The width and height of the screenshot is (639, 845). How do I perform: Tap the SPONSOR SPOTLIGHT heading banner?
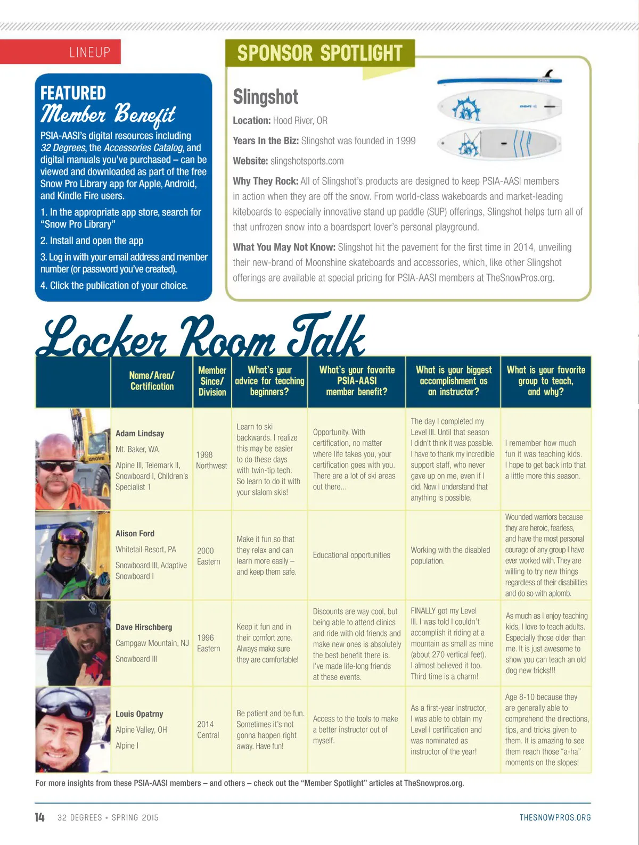[319, 53]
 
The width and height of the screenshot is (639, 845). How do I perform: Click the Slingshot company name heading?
[266, 97]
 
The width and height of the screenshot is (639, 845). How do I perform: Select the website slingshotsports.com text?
[307, 161]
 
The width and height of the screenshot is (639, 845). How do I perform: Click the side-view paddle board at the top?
[499, 80]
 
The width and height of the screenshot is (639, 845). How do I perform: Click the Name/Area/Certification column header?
[152, 381]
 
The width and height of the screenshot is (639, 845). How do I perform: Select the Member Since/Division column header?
[212, 381]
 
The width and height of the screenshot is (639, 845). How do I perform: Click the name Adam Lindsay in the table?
[140, 434]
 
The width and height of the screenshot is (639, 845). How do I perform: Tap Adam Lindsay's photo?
[73, 459]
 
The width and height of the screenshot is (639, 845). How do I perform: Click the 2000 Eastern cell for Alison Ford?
[208, 556]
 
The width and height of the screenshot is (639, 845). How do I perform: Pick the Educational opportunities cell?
[351, 555]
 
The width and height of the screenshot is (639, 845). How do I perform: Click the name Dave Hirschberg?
[144, 627]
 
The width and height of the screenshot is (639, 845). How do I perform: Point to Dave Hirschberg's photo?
[73, 643]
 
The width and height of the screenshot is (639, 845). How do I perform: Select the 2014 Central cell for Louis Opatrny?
[208, 730]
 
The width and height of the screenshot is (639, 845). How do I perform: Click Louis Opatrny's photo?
[73, 730]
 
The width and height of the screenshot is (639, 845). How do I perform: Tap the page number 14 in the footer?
[40, 817]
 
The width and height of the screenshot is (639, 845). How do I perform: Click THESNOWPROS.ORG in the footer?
[555, 817]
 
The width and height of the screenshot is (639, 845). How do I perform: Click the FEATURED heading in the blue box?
[73, 93]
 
